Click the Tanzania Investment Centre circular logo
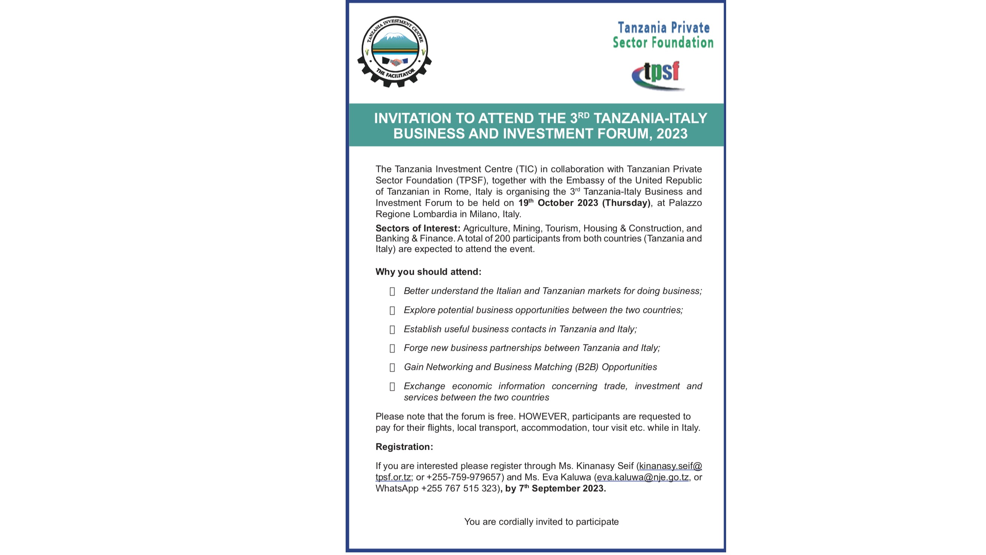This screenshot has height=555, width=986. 394,51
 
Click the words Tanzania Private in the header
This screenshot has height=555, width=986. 663,28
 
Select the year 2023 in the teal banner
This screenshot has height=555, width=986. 672,134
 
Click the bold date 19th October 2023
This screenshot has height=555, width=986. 558,203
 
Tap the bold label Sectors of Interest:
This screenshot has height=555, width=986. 418,228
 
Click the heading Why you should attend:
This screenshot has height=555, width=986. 428,272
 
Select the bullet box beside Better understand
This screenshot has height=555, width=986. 392,292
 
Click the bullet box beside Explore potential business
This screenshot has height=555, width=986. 392,311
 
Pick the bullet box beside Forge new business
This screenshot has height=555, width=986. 392,349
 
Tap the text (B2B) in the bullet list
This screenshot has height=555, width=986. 586,367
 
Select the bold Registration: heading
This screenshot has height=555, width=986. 404,447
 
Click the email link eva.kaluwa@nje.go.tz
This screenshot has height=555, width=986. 642,478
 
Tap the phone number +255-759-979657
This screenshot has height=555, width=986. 464,478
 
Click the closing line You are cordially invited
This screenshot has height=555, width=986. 541,522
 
